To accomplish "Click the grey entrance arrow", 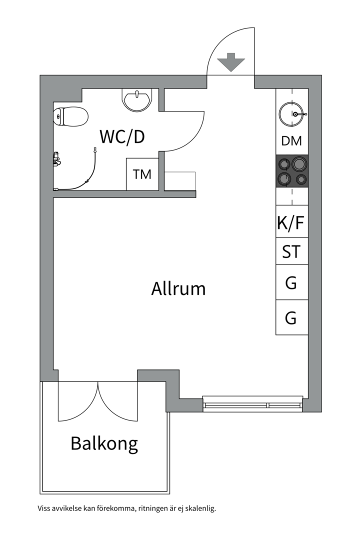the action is (231, 62).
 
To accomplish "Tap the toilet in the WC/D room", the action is (70, 116).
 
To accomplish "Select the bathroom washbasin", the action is (137, 100).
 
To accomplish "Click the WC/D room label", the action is (122, 136).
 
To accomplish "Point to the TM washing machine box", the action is (142, 174).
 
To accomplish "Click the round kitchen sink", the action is (292, 114).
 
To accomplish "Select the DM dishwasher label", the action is (291, 141).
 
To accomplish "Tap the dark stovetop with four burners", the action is (292, 171).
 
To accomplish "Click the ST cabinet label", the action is (291, 251).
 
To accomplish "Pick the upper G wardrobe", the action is (292, 282).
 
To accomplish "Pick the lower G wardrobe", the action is (292, 317).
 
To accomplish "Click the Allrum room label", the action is (178, 288).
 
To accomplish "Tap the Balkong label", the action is (104, 443).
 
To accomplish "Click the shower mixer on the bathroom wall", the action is (56, 159).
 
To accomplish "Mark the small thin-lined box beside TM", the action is (179, 181).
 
